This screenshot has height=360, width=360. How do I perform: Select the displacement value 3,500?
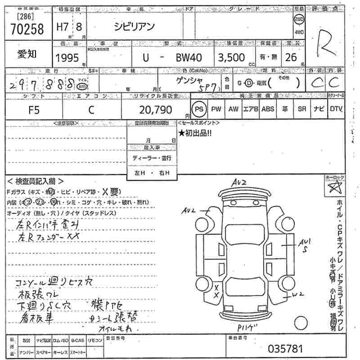pos(231,58)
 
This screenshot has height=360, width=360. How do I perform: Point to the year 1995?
pos(67,58)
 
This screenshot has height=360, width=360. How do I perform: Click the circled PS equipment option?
pos(198,109)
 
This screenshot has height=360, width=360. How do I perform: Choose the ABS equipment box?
pos(267,109)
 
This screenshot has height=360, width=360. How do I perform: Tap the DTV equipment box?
pos(336,109)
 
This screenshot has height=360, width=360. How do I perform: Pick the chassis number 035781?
pos(285,349)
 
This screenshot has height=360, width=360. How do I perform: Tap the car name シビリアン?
pos(135,27)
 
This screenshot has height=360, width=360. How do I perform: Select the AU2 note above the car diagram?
pos(239,182)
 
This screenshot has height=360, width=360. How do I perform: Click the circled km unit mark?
pos(81,86)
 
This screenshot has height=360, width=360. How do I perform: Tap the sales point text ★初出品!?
pos(195,133)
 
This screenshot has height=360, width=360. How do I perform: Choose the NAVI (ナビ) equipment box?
pos(319,109)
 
